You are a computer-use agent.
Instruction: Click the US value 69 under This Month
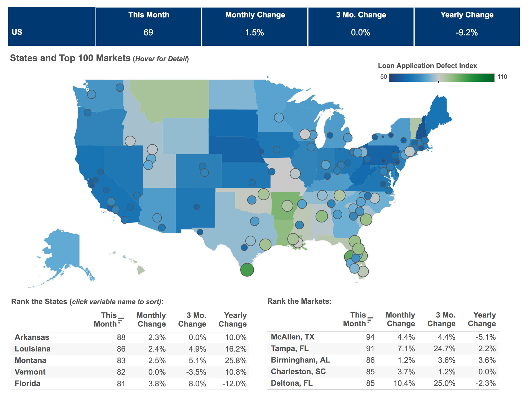(148, 32)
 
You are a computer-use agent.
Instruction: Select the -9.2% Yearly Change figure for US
(467, 32)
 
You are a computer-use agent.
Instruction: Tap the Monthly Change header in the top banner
(255, 15)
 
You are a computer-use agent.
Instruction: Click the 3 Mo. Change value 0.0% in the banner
(360, 32)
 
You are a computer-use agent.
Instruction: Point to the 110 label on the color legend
(502, 77)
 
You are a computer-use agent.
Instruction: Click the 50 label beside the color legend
(383, 77)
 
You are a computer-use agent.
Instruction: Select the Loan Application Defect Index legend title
(427, 66)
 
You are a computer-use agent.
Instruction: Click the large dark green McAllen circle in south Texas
(247, 270)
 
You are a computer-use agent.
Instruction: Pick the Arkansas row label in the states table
(32, 337)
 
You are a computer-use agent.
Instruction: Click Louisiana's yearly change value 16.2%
(236, 349)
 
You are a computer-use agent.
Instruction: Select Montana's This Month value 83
(121, 360)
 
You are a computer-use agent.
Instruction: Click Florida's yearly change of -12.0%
(234, 384)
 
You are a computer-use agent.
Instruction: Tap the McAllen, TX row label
(293, 337)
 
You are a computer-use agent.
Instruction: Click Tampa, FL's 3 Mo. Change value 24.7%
(444, 348)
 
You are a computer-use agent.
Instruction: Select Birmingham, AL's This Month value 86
(370, 360)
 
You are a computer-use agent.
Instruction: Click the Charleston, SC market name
(298, 371)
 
